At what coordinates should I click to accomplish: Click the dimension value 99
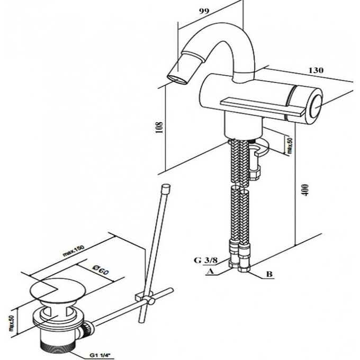click(204, 11)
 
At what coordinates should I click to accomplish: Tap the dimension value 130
click(316, 70)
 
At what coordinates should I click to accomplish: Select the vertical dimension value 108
click(159, 128)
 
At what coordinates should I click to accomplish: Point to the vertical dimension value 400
click(305, 190)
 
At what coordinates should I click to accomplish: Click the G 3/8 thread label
click(205, 260)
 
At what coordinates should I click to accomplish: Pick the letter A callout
click(210, 272)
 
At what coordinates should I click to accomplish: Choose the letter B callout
click(269, 274)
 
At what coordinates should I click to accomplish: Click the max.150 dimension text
click(74, 251)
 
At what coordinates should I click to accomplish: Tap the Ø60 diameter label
click(100, 270)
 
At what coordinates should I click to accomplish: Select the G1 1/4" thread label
click(102, 356)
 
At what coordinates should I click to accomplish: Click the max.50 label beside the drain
click(12, 323)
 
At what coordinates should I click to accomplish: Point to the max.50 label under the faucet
click(289, 146)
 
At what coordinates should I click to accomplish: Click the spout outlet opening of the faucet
click(177, 79)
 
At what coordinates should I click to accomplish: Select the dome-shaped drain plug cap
click(58, 291)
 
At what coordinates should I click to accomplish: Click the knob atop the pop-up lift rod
click(166, 188)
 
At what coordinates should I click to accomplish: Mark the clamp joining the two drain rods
click(145, 298)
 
